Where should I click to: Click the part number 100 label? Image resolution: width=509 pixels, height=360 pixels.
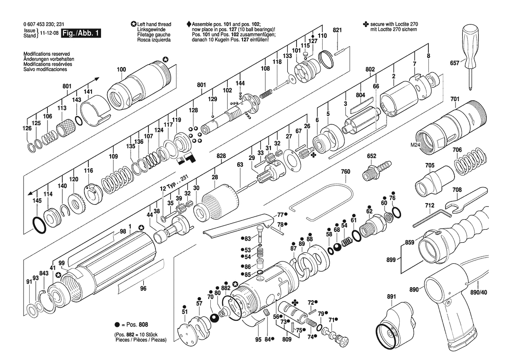[121, 69]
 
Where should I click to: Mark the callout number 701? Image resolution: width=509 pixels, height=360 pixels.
[455, 99]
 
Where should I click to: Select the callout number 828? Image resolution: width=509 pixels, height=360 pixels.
[221, 156]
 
